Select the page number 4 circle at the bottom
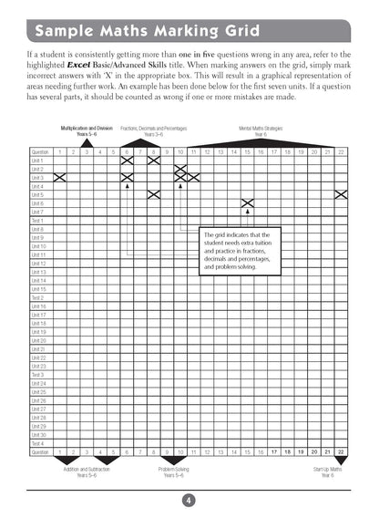[x=189, y=498]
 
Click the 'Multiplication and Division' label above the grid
[x=87, y=129]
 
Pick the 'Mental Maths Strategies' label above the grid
[x=260, y=129]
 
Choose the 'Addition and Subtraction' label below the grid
[x=86, y=470]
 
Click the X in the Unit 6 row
[x=247, y=202]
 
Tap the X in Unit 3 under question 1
[x=60, y=177]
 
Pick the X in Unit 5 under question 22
[x=341, y=194]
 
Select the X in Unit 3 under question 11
[x=193, y=177]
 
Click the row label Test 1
[x=38, y=220]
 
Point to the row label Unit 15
[x=38, y=289]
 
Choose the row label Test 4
[x=38, y=443]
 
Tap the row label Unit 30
[x=38, y=435]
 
